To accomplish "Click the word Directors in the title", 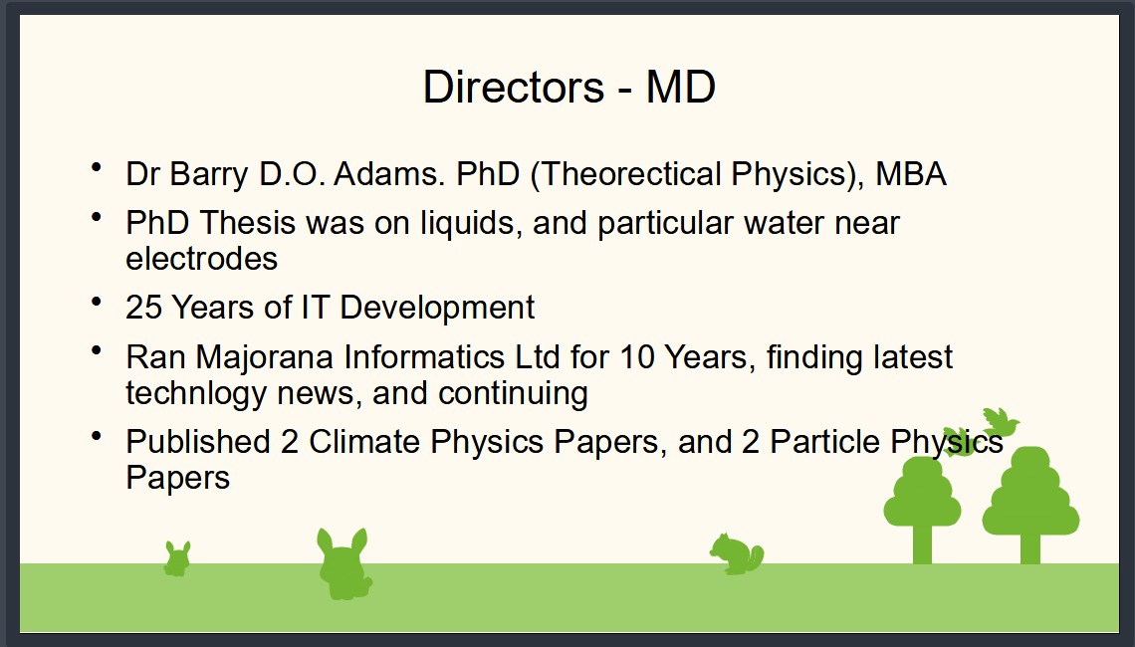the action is (513, 87).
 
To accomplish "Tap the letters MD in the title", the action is (680, 87).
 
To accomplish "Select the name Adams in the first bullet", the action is (388, 173).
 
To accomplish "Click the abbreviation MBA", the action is (911, 173).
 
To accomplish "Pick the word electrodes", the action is (201, 259).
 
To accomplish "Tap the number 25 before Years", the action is (143, 308).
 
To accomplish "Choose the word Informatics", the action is (424, 356).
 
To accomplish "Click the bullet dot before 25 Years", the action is (97, 301).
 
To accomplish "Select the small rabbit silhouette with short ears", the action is (177, 558).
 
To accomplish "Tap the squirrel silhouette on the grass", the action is (737, 554).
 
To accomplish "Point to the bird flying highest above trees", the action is (1001, 422).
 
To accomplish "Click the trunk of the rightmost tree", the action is (1030, 549).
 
